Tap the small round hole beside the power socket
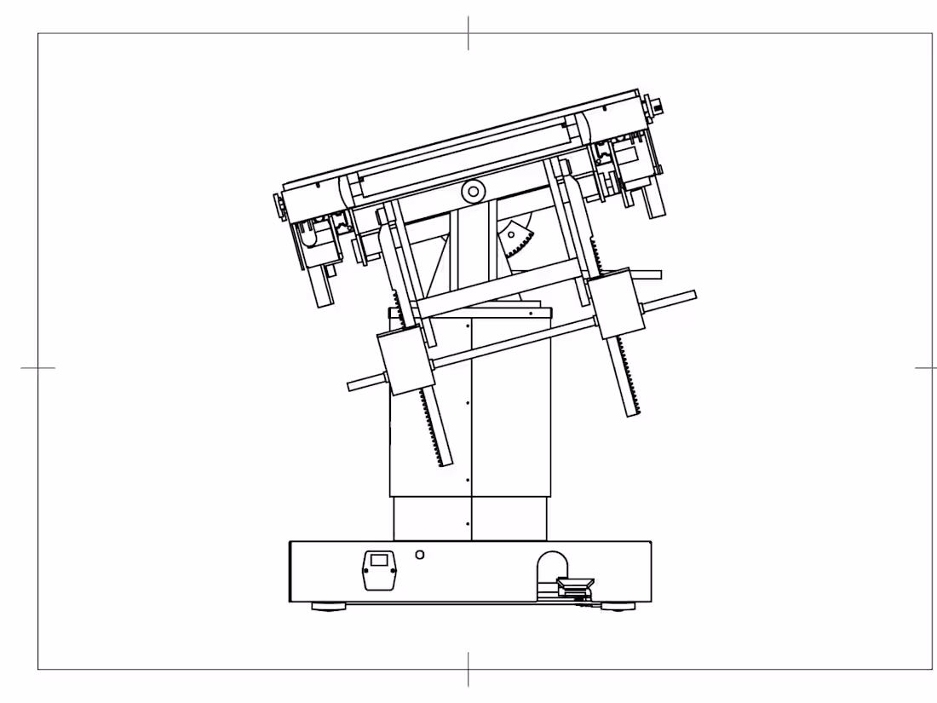(x=418, y=555)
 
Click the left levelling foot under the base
(x=329, y=607)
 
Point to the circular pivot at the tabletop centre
(x=471, y=191)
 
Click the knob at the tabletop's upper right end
(x=658, y=107)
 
